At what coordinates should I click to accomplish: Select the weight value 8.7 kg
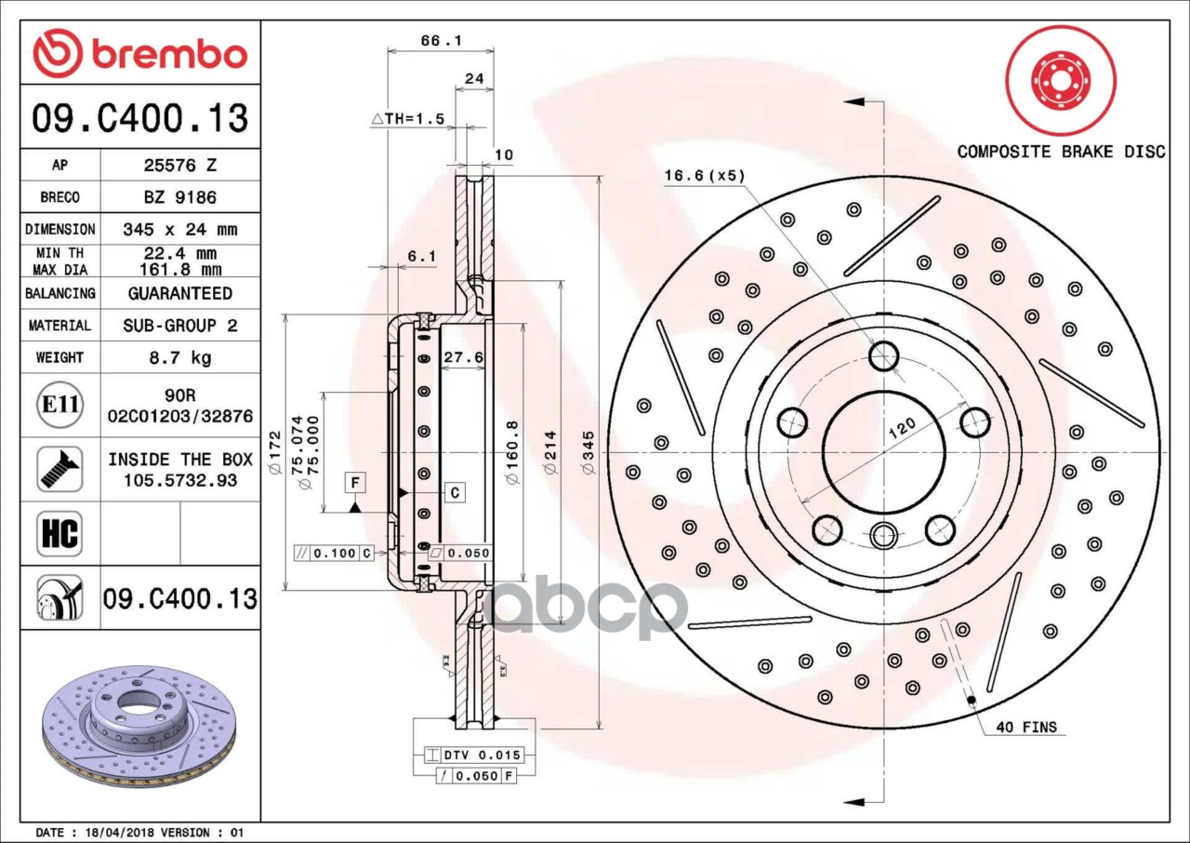(x=179, y=357)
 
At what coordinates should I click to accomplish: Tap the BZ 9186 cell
(x=179, y=197)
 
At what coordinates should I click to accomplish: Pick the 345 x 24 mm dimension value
(x=179, y=229)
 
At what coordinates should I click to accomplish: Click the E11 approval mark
(x=59, y=406)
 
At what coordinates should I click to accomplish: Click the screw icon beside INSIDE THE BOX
(x=59, y=469)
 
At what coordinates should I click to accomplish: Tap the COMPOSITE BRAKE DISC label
(x=1061, y=152)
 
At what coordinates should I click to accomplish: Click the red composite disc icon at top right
(x=1060, y=81)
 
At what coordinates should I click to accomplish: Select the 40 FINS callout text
(x=1025, y=727)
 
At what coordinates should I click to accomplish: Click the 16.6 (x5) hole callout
(x=705, y=175)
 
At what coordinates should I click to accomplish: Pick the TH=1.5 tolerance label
(x=408, y=119)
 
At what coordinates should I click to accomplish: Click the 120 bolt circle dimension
(x=901, y=429)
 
